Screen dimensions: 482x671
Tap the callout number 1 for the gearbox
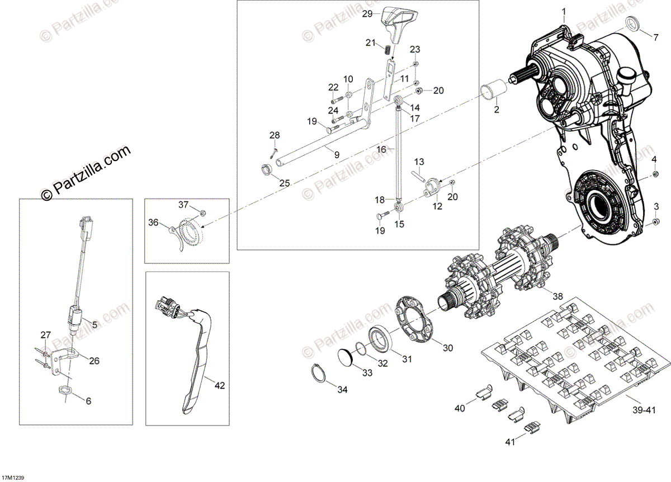[x=564, y=11]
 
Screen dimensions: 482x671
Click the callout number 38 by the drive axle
[x=557, y=296]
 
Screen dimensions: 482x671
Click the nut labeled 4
[x=654, y=176]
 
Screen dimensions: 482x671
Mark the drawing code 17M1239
[x=12, y=478]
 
